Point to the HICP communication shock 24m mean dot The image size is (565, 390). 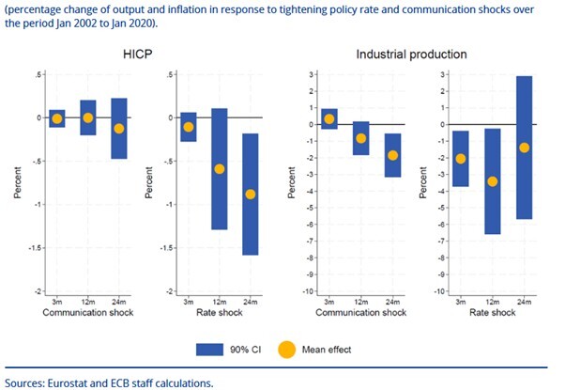pos(118,129)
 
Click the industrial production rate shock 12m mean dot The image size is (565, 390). pos(493,181)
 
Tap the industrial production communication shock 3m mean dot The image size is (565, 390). pos(329,118)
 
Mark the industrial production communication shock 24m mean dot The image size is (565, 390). pos(392,155)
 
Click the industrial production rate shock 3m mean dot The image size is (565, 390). pos(461,159)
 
